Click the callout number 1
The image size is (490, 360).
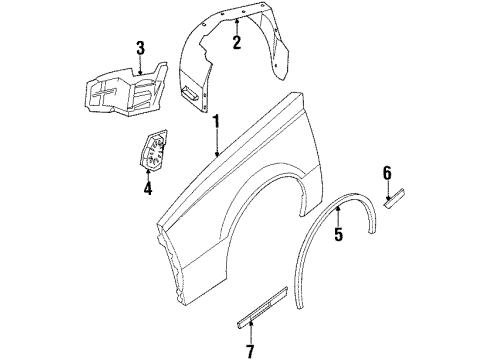[215, 122]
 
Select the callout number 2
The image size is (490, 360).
[236, 42]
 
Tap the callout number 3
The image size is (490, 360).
[140, 47]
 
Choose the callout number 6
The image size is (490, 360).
[387, 173]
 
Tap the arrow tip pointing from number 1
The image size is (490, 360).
[217, 159]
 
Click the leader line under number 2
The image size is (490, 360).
[236, 26]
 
